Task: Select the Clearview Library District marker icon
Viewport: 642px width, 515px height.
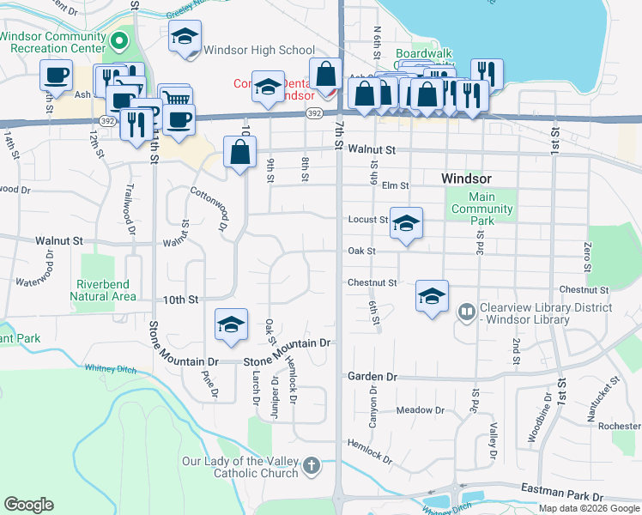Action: [x=467, y=312]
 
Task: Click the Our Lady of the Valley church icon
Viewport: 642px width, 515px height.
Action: [x=311, y=466]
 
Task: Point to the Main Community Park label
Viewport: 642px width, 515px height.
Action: [x=481, y=209]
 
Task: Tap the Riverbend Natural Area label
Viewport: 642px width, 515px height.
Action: [x=106, y=290]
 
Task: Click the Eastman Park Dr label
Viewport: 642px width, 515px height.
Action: [x=562, y=495]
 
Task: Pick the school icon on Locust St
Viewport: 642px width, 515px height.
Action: [x=406, y=223]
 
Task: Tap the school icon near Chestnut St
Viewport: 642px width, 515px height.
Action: [x=432, y=296]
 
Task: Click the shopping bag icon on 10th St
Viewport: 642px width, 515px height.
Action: [x=241, y=153]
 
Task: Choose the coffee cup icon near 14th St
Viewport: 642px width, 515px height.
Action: [x=56, y=75]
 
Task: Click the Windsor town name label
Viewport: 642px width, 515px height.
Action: [x=466, y=179]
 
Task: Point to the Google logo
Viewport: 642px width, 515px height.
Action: [x=28, y=504]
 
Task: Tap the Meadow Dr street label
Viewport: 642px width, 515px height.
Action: [x=420, y=410]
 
